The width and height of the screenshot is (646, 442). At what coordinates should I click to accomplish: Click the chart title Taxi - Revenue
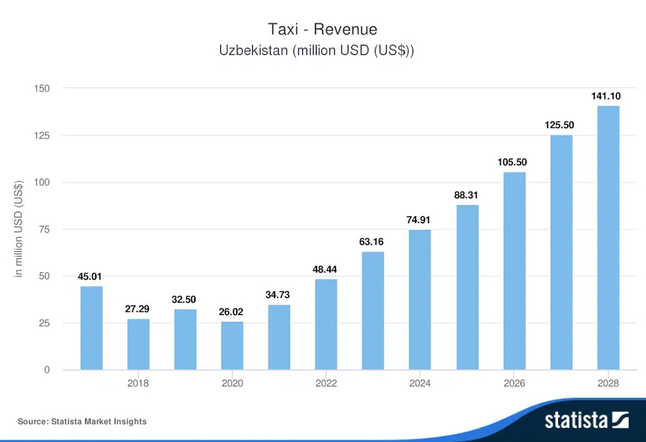[x=322, y=29]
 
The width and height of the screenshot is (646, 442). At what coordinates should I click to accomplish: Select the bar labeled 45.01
[x=91, y=328]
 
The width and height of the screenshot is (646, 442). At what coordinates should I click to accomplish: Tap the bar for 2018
[x=138, y=344]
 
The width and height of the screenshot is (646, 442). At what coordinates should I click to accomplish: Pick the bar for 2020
[x=232, y=346]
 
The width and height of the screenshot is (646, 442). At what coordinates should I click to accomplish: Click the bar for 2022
[x=326, y=324]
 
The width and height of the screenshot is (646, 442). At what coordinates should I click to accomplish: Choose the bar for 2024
[x=420, y=300]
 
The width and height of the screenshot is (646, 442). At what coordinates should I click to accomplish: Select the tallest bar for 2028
[x=608, y=238]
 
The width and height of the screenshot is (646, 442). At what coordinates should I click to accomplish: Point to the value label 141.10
[x=606, y=96]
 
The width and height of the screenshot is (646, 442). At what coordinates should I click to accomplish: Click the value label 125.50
[x=559, y=125]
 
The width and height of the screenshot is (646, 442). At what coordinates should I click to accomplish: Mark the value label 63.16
[x=372, y=241]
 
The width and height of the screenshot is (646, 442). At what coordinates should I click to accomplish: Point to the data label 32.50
[x=185, y=300]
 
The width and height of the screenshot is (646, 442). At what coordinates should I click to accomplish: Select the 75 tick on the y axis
[x=44, y=230]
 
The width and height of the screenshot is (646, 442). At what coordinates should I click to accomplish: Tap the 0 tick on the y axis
[x=47, y=370]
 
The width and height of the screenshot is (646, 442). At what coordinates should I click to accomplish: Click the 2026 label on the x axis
[x=514, y=383]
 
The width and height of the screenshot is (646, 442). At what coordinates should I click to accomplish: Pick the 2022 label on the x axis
[x=326, y=383]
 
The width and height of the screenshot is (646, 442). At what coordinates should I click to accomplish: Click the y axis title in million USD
[x=19, y=229]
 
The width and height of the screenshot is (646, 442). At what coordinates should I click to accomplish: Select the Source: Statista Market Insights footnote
[x=82, y=421]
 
